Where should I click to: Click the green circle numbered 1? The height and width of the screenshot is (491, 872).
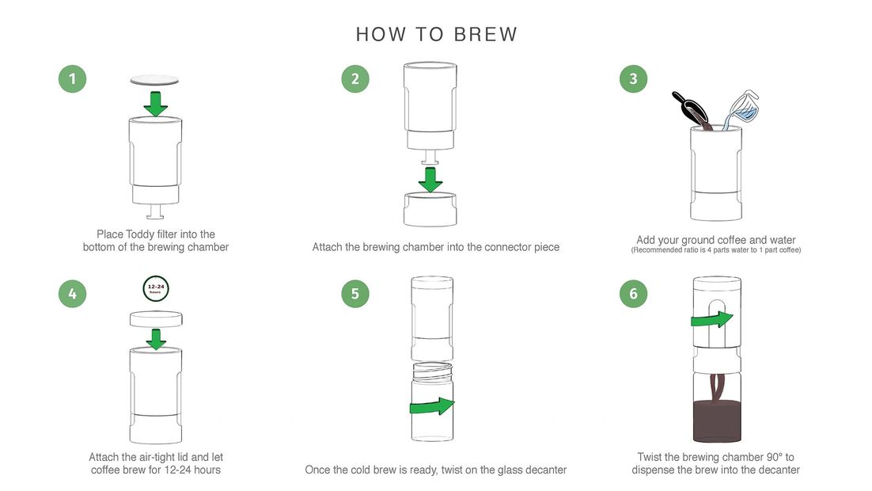coord(72,78)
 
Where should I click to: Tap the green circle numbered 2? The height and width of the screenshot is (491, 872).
coord(355,78)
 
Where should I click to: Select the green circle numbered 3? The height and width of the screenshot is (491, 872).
coord(633,78)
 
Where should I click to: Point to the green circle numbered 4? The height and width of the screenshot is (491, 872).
coord(72,293)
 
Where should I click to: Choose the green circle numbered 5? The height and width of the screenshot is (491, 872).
coord(355,293)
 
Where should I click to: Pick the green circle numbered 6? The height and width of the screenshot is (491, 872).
coord(633,293)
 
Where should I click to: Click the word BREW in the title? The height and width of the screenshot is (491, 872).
coord(486,35)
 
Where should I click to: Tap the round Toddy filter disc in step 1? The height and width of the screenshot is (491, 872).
coord(154,81)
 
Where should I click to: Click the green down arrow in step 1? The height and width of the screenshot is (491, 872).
coord(156,104)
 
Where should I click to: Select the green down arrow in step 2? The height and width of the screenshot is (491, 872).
coord(430,179)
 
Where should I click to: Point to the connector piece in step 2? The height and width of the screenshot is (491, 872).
coord(430,209)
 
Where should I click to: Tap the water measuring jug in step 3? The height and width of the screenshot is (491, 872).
coord(742,108)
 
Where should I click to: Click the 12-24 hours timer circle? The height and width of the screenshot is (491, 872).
coord(156,288)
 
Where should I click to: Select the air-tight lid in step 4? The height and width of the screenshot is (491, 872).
coord(156,319)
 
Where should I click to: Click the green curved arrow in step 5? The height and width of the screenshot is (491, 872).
coord(432,406)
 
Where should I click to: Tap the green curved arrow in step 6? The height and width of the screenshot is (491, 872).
coord(712,319)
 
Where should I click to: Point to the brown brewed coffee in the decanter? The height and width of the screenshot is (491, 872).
coord(718,421)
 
